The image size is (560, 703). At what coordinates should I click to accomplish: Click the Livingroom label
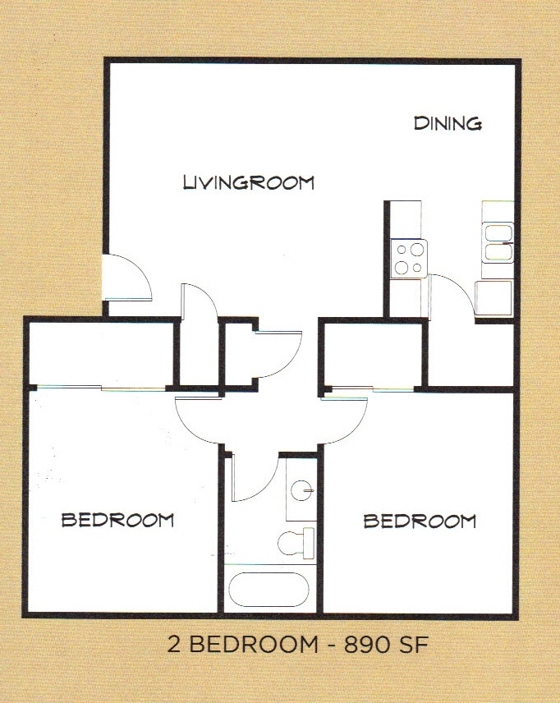(x=248, y=181)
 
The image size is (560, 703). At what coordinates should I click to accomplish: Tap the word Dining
(x=447, y=124)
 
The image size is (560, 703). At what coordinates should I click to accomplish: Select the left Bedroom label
(x=117, y=519)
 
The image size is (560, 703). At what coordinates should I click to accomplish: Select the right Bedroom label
(x=420, y=521)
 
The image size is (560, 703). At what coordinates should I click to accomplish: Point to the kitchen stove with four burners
(x=409, y=257)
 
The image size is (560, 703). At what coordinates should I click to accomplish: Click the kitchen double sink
(x=498, y=242)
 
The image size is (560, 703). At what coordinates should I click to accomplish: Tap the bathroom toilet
(x=296, y=541)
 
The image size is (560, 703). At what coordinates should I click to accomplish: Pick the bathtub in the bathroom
(x=269, y=589)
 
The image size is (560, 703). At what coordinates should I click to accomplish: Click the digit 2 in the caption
(x=173, y=645)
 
